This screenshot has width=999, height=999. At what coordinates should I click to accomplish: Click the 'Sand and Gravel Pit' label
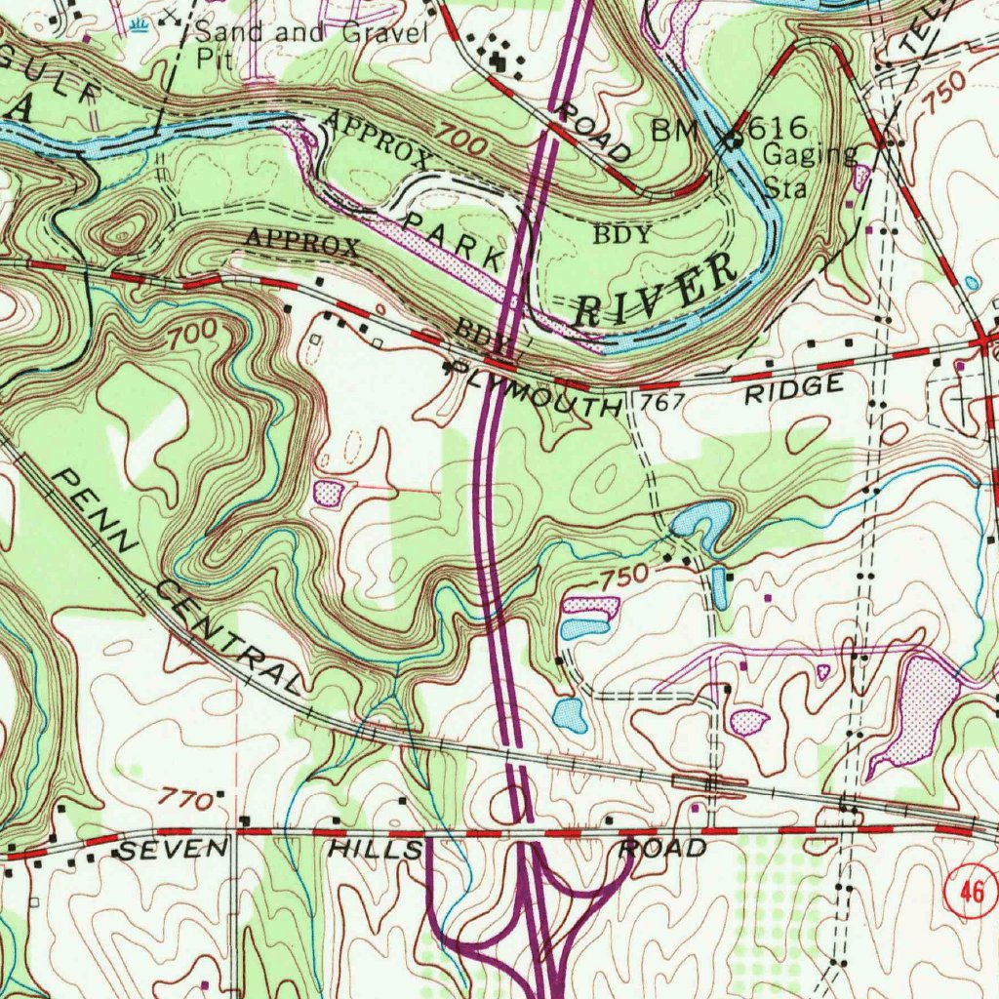pos(311,43)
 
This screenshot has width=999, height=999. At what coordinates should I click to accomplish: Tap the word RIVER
pos(656,290)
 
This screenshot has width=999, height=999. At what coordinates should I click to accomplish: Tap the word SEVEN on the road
pos(170,852)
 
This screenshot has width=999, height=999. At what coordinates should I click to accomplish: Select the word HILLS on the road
pos(376,850)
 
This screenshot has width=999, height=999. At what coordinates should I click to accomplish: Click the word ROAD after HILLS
pos(663,848)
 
